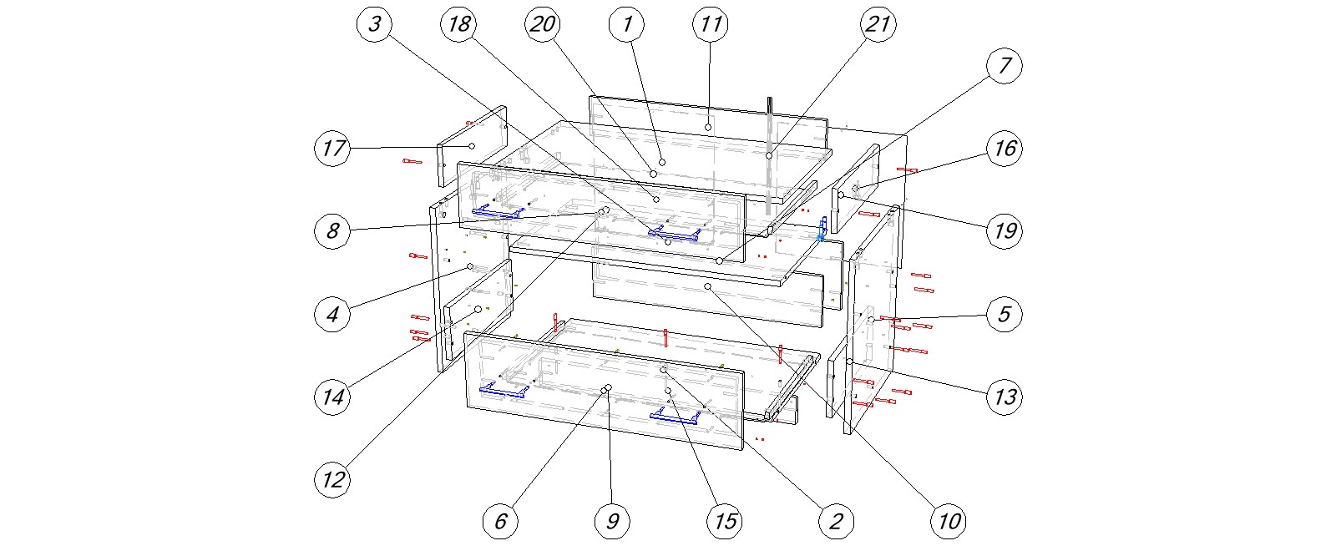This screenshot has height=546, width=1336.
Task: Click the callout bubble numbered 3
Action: click(x=374, y=24)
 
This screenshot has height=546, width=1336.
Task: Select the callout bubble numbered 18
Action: click(x=458, y=24)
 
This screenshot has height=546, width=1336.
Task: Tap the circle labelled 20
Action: click(x=543, y=24)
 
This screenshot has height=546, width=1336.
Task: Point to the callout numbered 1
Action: click(x=627, y=24)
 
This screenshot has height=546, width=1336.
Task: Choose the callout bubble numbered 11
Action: click(x=711, y=24)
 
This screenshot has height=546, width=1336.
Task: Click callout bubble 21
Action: click(x=878, y=24)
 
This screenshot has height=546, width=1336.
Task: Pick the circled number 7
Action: click(x=1005, y=65)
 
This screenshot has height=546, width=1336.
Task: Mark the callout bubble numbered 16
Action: click(x=1005, y=149)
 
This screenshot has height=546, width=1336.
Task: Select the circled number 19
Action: click(x=1005, y=230)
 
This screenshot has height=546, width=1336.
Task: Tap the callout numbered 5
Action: click(x=1005, y=314)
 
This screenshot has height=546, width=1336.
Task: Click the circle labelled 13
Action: click(x=1005, y=396)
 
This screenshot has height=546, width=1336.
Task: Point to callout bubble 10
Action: click(x=949, y=521)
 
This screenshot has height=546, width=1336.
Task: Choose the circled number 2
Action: click(x=836, y=521)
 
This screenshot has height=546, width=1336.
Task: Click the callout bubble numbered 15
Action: click(x=725, y=521)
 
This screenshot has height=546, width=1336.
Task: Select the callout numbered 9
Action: click(x=612, y=521)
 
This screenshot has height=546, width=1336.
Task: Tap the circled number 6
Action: click(x=500, y=521)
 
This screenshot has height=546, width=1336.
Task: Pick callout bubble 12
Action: click(x=332, y=479)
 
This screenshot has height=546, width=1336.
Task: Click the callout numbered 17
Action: click(x=332, y=149)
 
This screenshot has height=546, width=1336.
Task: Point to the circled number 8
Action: click(x=332, y=230)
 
